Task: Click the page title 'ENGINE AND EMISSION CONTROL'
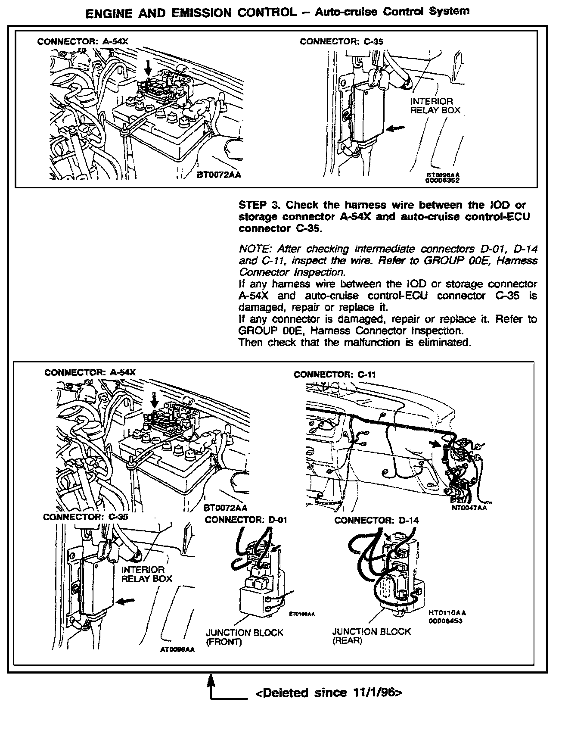[192, 13]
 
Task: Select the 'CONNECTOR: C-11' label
[334, 374]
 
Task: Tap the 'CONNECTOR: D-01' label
[246, 520]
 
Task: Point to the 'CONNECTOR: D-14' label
[376, 520]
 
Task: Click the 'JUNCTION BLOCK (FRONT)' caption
[244, 637]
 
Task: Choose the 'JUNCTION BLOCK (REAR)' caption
[371, 636]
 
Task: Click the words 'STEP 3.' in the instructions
[260, 205]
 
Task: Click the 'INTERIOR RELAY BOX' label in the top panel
[435, 106]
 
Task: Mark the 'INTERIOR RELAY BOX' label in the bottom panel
[146, 574]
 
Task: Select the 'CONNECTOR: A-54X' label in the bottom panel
[90, 372]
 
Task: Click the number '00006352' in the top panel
[442, 181]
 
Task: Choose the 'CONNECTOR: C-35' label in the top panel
[341, 42]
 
